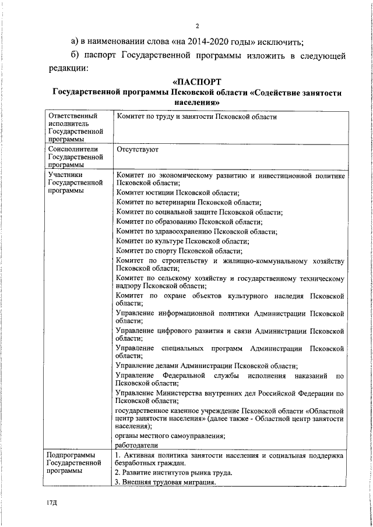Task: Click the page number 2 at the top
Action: click(198, 26)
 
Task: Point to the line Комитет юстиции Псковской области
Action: click(178, 192)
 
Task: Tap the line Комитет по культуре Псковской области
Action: click(182, 240)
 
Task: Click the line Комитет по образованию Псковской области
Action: click(189, 221)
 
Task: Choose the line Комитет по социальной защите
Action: click(199, 212)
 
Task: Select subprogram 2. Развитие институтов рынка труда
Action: click(174, 472)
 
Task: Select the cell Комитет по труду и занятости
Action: click(196, 117)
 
